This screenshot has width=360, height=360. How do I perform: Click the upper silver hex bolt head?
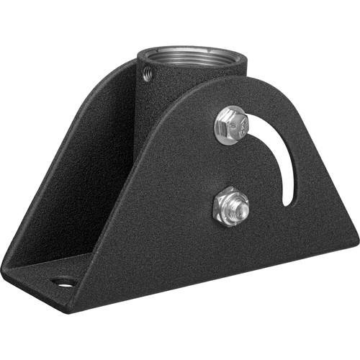pos(233,123)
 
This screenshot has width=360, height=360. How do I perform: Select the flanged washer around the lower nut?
pos(222,214)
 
